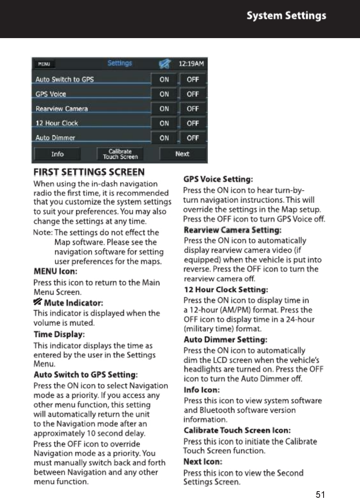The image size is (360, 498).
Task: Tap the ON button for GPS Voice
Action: (x=164, y=94)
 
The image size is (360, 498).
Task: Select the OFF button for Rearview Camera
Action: (x=192, y=109)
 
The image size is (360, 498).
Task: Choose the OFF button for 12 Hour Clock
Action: (x=192, y=123)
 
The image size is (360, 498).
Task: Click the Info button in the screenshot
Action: (x=57, y=154)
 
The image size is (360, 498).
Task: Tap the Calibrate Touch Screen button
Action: (x=120, y=154)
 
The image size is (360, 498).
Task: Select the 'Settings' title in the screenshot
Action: (x=120, y=63)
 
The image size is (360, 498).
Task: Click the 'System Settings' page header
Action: (x=286, y=16)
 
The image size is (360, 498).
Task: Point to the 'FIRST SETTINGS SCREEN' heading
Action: (x=89, y=173)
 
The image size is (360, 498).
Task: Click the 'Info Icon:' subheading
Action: (x=201, y=390)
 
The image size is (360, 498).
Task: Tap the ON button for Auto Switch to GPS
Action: (x=164, y=80)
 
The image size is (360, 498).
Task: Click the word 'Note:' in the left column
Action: (x=42, y=233)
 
